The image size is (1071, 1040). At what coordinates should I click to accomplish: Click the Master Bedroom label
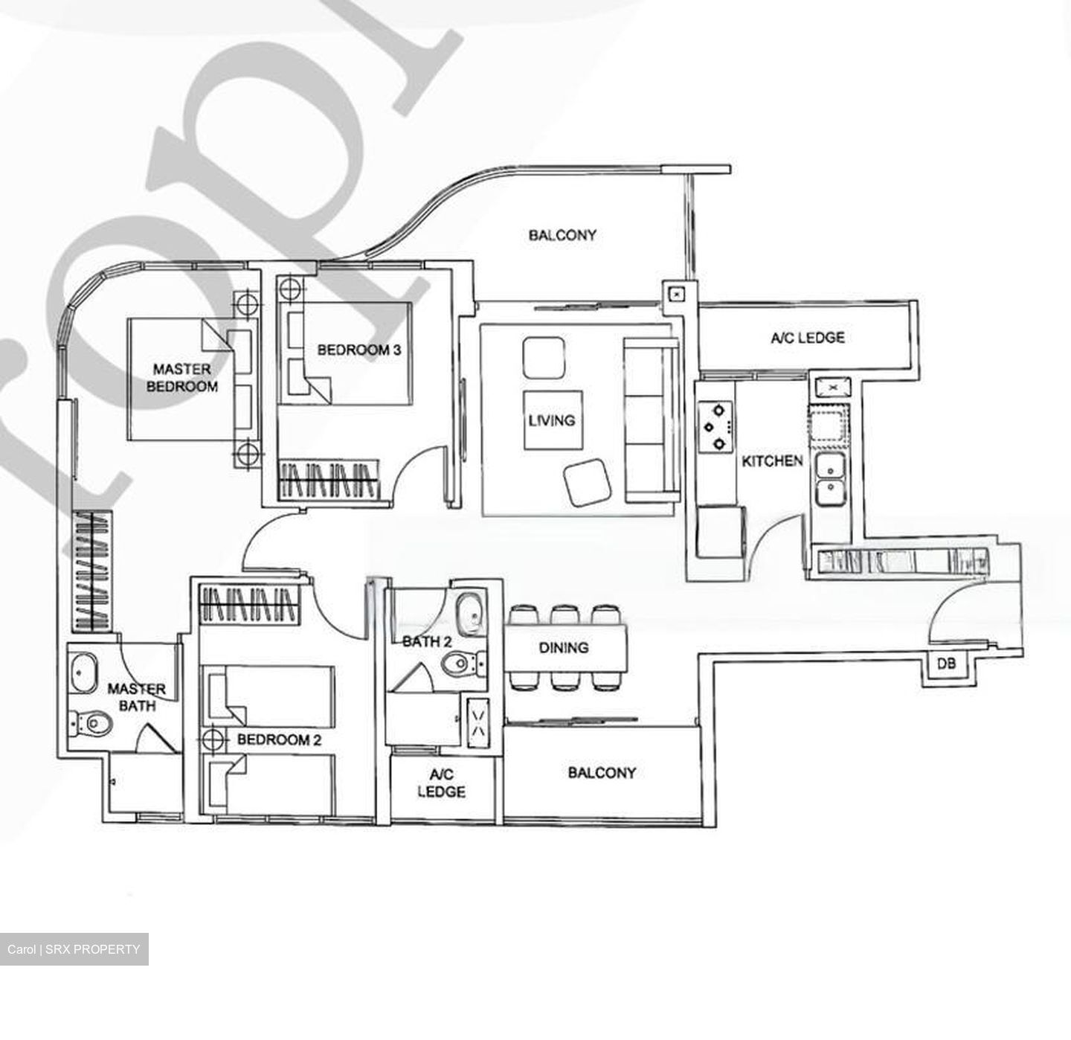(x=181, y=378)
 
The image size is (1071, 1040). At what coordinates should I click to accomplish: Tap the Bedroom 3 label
(x=359, y=350)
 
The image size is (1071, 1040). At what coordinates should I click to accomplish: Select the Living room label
(x=552, y=420)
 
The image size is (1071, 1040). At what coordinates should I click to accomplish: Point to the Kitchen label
(x=772, y=461)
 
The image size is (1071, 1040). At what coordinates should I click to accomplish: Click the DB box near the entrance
(x=946, y=664)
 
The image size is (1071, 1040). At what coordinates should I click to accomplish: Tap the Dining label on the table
(x=563, y=648)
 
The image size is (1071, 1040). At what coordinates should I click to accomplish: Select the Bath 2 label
(x=427, y=641)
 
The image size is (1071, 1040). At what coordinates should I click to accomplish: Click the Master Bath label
(x=136, y=697)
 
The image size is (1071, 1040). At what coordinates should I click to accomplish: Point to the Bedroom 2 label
(x=279, y=739)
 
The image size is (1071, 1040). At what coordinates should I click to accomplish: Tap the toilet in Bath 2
(x=461, y=663)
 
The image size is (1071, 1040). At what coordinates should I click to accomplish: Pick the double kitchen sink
(x=830, y=480)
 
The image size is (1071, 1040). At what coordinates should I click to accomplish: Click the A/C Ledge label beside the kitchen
(x=807, y=338)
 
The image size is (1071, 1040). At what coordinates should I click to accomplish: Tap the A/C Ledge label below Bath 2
(x=441, y=783)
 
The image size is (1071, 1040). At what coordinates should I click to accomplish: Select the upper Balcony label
(x=562, y=235)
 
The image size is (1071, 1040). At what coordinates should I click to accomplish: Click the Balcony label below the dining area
(x=602, y=773)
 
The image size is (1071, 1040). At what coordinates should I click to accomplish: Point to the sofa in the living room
(x=651, y=420)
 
